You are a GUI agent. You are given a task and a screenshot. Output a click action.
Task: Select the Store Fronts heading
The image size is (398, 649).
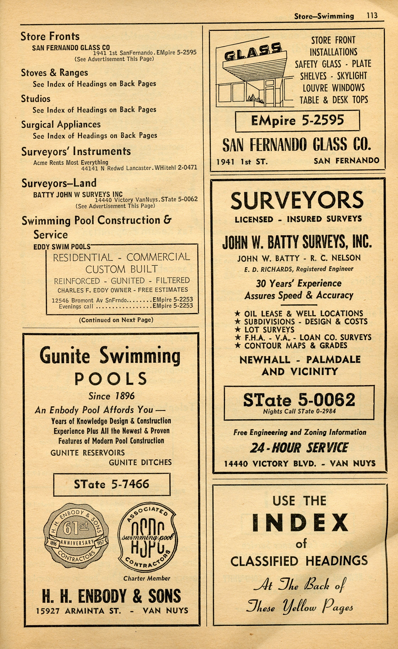(50, 36)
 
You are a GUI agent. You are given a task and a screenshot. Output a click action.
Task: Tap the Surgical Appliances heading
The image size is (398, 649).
(61, 124)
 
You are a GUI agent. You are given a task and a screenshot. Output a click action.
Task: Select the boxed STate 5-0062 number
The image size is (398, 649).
(299, 400)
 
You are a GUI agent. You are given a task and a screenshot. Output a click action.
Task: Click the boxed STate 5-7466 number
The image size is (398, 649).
(112, 484)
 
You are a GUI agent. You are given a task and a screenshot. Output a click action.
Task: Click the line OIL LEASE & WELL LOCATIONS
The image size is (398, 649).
(303, 313)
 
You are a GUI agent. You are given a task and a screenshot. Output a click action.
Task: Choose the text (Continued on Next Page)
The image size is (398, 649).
(116, 320)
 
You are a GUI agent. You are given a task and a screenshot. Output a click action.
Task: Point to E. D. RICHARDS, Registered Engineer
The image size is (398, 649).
(299, 269)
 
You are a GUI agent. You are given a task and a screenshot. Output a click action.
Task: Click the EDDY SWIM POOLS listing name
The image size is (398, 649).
(62, 247)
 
